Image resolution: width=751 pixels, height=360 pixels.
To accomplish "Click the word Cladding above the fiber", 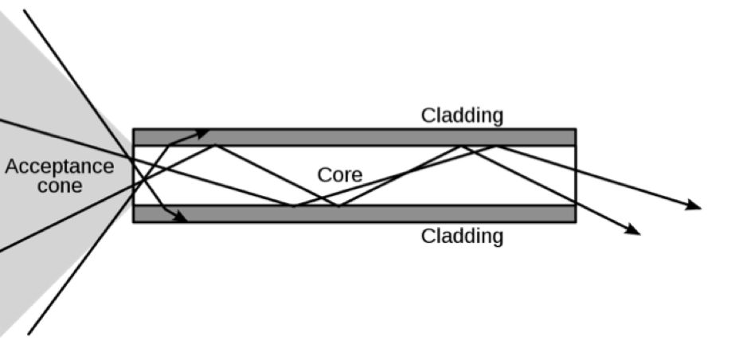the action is [x=462, y=115].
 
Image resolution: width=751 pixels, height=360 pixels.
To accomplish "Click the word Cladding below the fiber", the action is [x=462, y=237].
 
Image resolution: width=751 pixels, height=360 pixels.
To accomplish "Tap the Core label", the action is [x=340, y=175].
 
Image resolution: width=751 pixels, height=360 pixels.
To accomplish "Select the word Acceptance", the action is [x=60, y=167].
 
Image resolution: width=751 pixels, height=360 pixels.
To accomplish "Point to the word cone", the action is [x=60, y=186].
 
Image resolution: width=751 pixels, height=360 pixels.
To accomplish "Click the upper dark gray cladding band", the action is [x=354, y=137].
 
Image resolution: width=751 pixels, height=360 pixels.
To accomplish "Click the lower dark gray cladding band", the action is [x=354, y=214].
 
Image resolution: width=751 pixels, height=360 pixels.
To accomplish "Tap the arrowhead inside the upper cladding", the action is [x=202, y=132].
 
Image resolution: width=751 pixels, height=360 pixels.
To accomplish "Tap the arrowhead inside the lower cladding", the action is [x=181, y=217].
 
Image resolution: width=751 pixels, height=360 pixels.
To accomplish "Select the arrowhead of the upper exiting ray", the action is [x=694, y=205].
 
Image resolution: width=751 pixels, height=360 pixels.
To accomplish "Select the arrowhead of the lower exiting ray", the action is [x=633, y=230].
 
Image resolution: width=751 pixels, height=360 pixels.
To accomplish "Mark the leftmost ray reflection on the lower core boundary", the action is [x=293, y=205].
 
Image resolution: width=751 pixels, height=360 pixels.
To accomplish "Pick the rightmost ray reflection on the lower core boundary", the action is [x=338, y=205].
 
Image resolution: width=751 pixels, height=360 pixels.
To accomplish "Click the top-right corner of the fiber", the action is [x=576, y=129].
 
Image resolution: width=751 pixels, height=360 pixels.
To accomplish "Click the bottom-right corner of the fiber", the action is [x=576, y=222].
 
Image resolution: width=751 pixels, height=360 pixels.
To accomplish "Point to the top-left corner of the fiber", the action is [x=133, y=129].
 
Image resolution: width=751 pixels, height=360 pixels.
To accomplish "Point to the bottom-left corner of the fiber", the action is [x=133, y=222].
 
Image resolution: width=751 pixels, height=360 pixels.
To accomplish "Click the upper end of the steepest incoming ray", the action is [x=24, y=10].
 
